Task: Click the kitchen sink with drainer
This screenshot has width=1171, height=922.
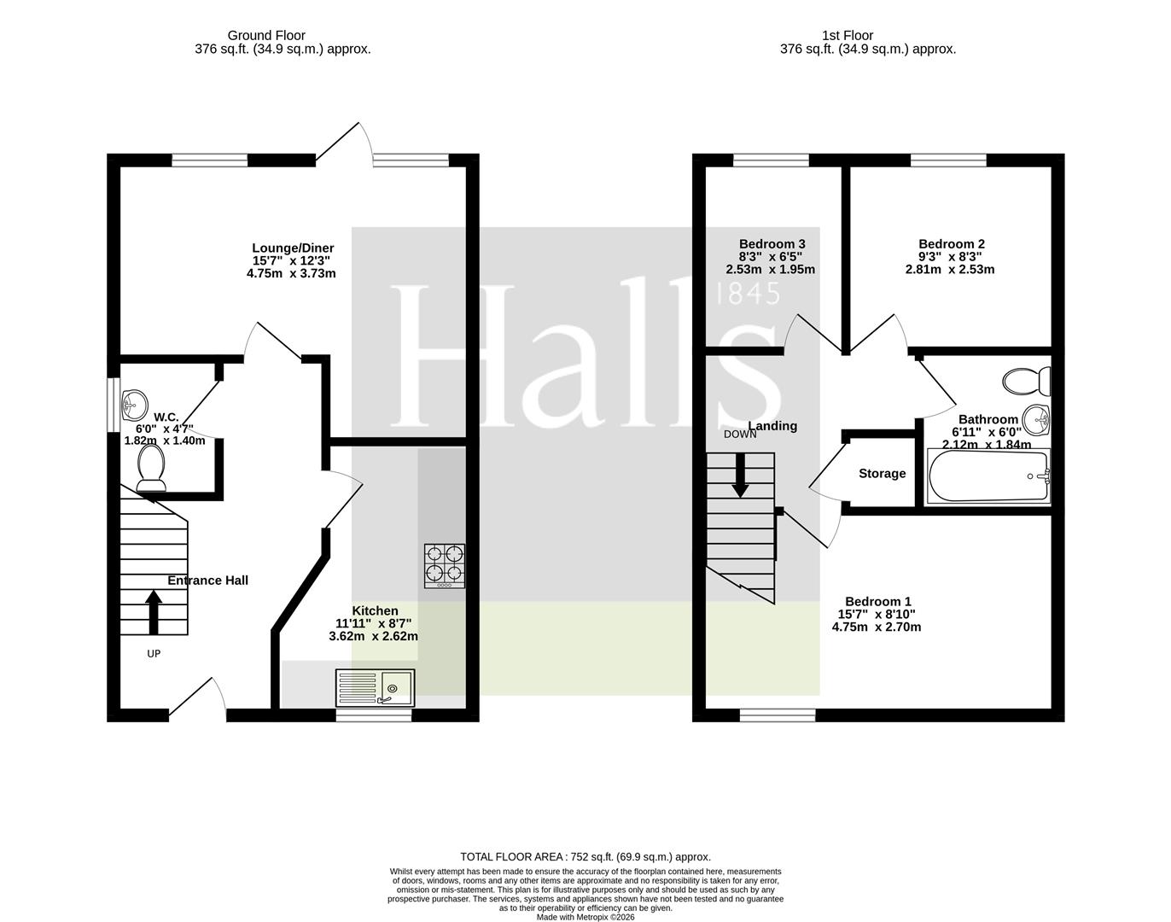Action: pos(375,688)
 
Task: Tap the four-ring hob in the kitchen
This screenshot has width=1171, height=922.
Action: pos(445,566)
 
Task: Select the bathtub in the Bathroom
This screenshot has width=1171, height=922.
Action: pos(988,476)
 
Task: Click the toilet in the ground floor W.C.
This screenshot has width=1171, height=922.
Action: pos(151,469)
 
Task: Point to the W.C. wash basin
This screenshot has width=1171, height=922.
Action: pos(134,405)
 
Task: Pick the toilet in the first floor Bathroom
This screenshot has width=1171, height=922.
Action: pos(1026,382)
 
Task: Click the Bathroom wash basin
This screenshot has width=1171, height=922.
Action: pos(1036,421)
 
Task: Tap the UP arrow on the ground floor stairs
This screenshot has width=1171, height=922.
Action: pos(154,612)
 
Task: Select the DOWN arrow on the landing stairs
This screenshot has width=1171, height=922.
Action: pos(740,476)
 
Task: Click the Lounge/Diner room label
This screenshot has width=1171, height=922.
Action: pos(293,248)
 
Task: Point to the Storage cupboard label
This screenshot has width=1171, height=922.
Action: pos(882,474)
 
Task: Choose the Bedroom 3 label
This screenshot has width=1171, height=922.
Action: pos(772,244)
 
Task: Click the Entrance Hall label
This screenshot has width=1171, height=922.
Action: pos(208,581)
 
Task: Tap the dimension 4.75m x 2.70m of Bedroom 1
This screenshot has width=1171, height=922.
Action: pos(876,627)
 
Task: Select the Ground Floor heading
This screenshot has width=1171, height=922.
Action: pos(266,35)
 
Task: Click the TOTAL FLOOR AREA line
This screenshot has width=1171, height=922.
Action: pos(585,856)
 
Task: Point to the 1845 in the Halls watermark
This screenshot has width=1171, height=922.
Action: pos(746,295)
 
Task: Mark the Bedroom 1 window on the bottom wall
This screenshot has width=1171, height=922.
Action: pos(778,715)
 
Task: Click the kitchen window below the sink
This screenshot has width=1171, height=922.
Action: pos(374,715)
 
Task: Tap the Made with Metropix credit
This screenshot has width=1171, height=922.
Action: pos(585,917)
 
